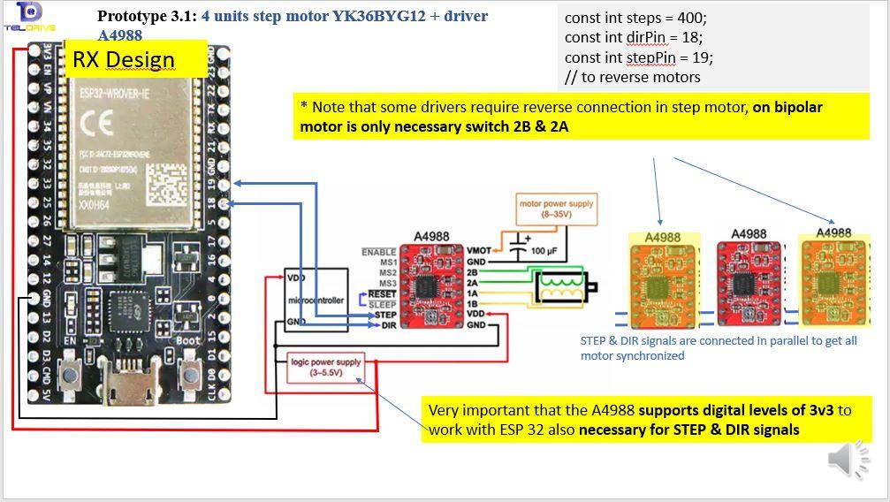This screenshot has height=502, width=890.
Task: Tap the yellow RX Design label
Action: pos(136,60)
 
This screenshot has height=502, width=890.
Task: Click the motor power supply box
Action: pos(557,209)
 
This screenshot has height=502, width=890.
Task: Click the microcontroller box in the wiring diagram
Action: pos(316,301)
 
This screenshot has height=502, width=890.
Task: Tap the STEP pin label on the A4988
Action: pos(384,315)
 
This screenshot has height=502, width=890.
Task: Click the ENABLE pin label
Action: pos(378,252)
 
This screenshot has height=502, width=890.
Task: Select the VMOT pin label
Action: pos(478,251)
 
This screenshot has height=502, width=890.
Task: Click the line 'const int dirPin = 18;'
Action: pos(634,37)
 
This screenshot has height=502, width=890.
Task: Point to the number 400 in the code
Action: pos(693,18)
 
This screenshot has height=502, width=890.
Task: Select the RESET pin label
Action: pos(382,293)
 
